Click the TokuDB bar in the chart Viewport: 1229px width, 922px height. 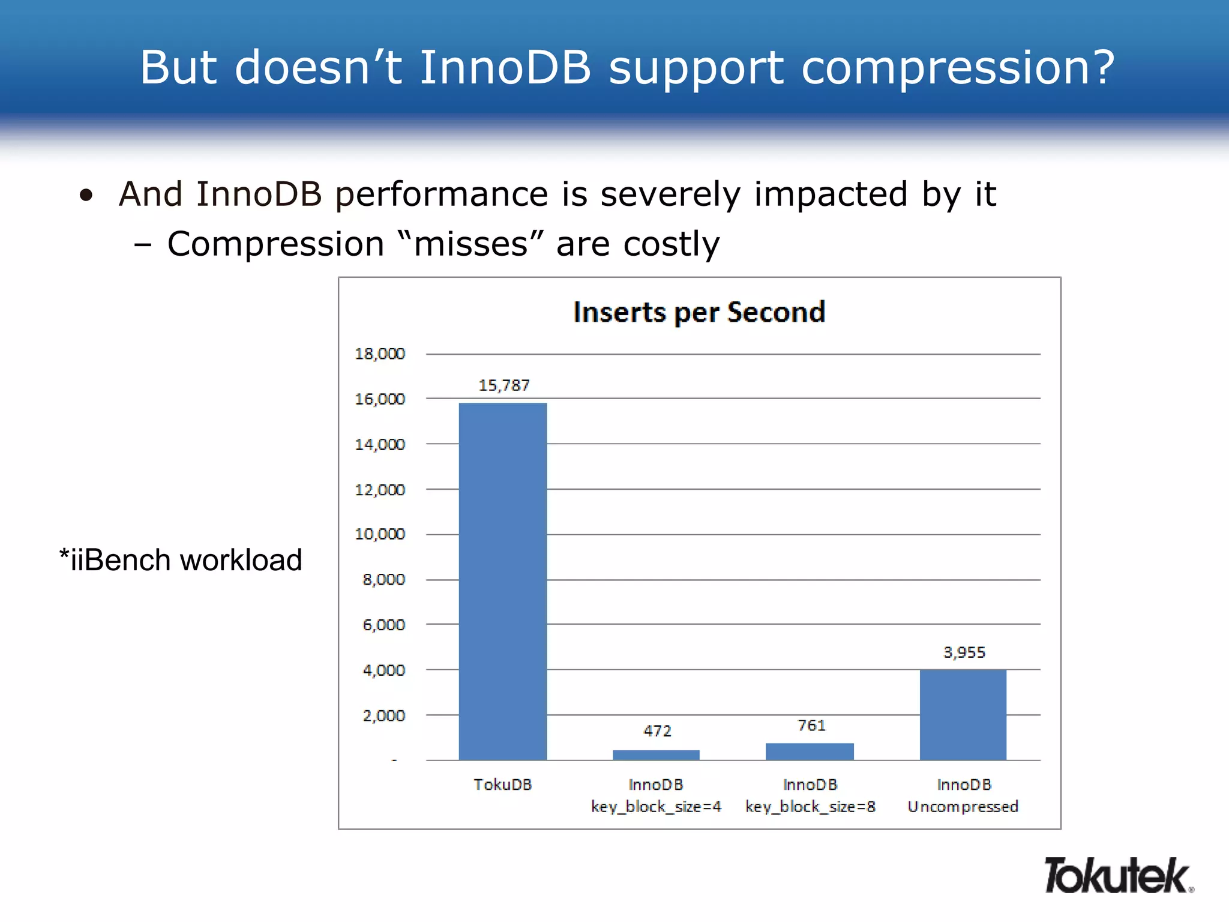pos(503,581)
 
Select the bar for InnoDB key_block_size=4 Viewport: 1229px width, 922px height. pos(656,755)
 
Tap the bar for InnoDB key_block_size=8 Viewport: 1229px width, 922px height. pos(810,752)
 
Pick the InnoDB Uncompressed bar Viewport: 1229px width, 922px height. pos(963,714)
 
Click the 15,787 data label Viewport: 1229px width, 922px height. pos(504,385)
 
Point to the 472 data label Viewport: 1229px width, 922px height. pos(657,731)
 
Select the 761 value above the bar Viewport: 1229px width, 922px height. pos(811,726)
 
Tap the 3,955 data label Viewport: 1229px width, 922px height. pos(964,652)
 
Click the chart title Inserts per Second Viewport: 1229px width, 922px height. pos(699,312)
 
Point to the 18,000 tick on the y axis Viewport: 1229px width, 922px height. pos(380,354)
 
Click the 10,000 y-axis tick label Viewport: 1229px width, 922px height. pos(380,534)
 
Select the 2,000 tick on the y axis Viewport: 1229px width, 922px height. pos(383,716)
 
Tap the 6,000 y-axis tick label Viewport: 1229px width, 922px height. pos(383,625)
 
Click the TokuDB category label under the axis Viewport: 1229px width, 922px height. pos(503,785)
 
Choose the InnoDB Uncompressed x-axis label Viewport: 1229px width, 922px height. pos(963,795)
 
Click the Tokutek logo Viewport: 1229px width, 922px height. pos(1118,876)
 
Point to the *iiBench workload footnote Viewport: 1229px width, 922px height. pos(181,560)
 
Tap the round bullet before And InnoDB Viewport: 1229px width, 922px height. pos(86,195)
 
